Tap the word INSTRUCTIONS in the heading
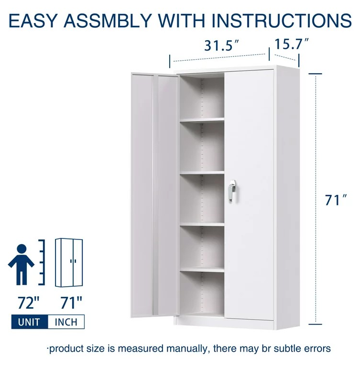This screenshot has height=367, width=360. (x=281, y=21)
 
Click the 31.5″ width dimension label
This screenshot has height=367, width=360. (x=221, y=45)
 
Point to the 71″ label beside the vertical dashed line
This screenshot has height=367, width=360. (x=336, y=200)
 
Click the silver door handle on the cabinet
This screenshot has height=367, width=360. (x=232, y=191)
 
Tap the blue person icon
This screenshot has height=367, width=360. (x=22, y=264)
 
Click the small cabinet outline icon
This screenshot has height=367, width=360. (x=69, y=263)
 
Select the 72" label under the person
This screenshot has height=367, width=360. (x=29, y=302)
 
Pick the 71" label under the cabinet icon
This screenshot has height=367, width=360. (x=71, y=302)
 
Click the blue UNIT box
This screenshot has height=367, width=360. (x=30, y=322)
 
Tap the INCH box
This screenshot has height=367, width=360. (x=66, y=322)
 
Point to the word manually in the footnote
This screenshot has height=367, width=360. (x=186, y=348)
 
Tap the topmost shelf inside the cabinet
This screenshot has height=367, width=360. (x=202, y=120)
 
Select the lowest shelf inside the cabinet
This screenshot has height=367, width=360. (x=202, y=270)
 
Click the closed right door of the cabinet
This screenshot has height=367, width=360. (x=250, y=195)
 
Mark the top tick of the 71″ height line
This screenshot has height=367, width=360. (x=315, y=74)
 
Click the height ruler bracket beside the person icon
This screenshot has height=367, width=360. (x=44, y=262)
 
